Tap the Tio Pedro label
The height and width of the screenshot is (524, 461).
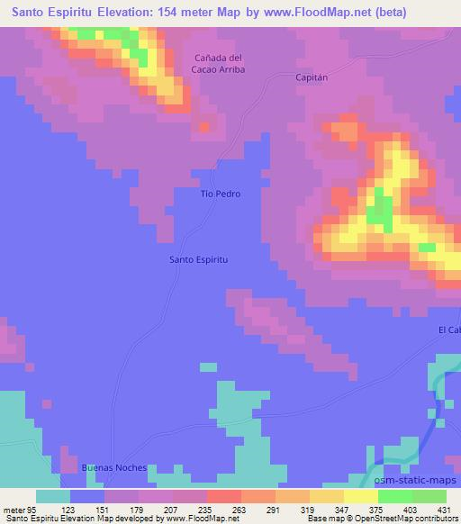220,194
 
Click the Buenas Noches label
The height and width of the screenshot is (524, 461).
113,468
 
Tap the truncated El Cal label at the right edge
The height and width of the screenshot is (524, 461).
449,330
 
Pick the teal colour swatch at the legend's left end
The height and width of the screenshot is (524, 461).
53,496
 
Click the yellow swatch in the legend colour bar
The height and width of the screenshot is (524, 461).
360,496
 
